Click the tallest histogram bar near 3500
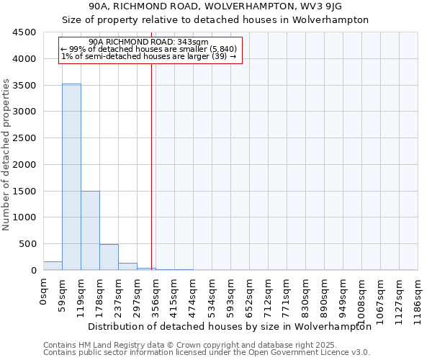pos(71,176)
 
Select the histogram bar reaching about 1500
pos(90,230)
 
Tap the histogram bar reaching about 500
pos(109,257)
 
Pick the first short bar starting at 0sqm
pos(53,266)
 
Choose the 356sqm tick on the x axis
pos(156,294)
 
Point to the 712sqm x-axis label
pos(268,294)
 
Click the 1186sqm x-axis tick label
pos(418,296)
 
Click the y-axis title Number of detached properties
pos(6,155)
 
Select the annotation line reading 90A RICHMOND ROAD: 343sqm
pos(150,42)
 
